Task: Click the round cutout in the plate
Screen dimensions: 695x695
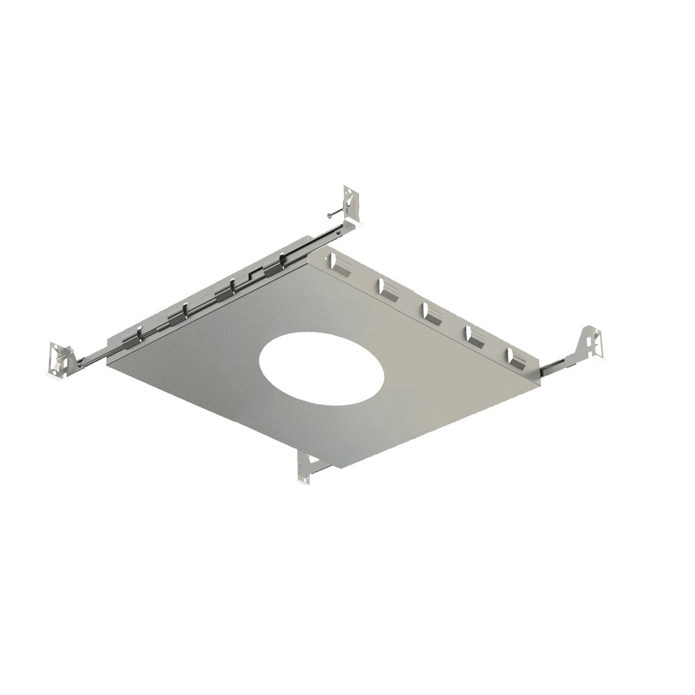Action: tap(321, 368)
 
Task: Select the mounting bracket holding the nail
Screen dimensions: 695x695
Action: tap(351, 205)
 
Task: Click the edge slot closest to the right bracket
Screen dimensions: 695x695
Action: tap(516, 358)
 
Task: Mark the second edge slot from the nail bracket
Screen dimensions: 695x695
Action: tap(388, 289)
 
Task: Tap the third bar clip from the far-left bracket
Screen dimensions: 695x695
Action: tap(226, 293)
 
